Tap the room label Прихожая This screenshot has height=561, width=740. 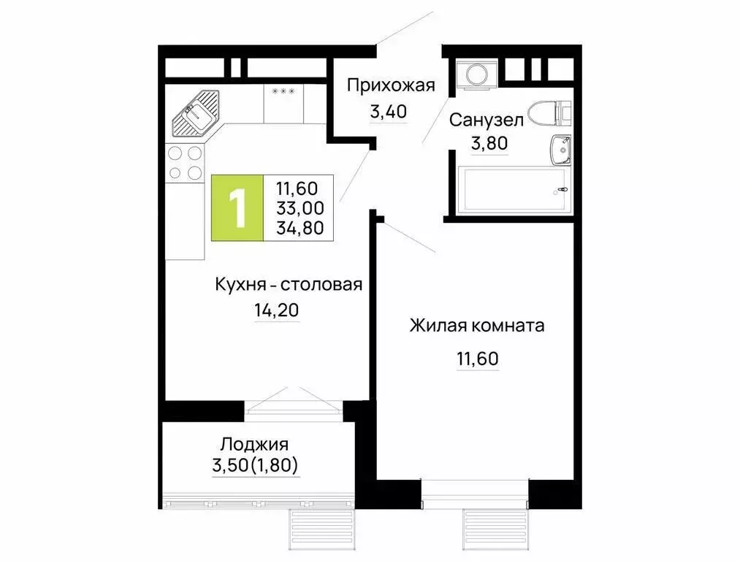tap(390, 85)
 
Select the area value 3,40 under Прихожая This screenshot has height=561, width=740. tap(387, 112)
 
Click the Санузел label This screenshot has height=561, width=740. tap(486, 120)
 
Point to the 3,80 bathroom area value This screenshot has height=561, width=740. tap(489, 144)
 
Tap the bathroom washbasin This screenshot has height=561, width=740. tap(560, 149)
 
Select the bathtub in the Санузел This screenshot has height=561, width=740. tap(511, 191)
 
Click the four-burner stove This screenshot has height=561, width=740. tap(185, 163)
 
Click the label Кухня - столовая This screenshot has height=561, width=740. tap(289, 285)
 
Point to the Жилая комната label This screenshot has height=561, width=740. tap(477, 326)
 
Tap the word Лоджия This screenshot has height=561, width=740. tap(255, 444)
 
